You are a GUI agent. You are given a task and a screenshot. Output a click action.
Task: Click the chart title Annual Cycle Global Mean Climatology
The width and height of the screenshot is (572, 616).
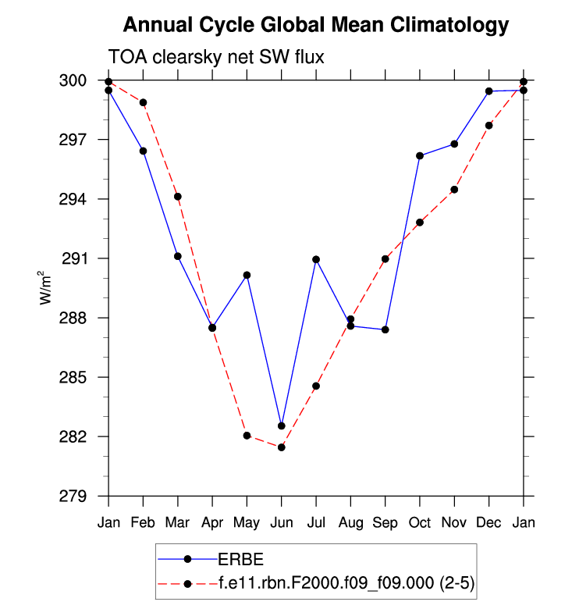[316, 25]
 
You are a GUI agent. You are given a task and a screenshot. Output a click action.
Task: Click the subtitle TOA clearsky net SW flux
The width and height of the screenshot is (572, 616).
[215, 57]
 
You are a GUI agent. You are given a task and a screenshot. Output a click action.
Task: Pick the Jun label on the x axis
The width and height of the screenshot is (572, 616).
[282, 522]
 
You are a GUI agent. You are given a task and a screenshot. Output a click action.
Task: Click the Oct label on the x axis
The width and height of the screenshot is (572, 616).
[420, 522]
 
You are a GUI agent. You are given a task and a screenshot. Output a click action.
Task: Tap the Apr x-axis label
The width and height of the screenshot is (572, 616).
[212, 522]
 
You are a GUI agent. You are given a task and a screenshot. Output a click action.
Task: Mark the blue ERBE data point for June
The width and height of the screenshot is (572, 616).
[282, 426]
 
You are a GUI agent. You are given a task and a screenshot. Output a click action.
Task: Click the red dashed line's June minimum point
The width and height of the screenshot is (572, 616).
[282, 447]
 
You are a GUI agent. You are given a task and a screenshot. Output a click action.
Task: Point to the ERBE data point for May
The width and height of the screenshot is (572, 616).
[247, 275]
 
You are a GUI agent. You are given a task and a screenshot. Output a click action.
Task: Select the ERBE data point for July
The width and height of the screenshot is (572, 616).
[316, 259]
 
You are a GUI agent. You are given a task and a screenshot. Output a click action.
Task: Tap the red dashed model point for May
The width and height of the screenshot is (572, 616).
[247, 436]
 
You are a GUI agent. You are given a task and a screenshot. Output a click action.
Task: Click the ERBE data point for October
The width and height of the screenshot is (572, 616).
[420, 156]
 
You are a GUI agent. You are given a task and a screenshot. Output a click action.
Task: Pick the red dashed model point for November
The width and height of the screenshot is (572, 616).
[454, 190]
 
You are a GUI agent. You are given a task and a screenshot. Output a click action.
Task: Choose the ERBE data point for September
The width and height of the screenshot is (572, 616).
[385, 329]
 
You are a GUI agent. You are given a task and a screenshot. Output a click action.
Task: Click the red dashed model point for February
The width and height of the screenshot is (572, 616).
[144, 102]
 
